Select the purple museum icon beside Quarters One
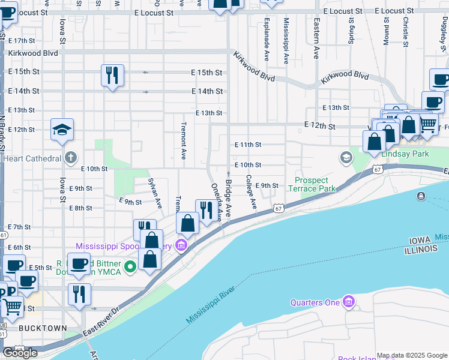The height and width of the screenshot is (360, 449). tap(348, 302)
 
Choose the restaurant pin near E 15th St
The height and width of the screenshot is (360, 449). tap(112, 76)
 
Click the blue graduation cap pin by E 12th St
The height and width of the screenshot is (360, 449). tap(62, 130)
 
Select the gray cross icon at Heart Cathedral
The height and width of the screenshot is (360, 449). tap(71, 158)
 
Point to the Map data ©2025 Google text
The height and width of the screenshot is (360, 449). tap(412, 355)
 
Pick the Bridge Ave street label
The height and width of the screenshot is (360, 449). tap(228, 197)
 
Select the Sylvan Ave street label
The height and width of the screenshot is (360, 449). tap(155, 192)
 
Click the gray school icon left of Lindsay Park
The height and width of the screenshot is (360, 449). tap(346, 158)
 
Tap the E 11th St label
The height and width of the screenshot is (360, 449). tap(248, 145)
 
